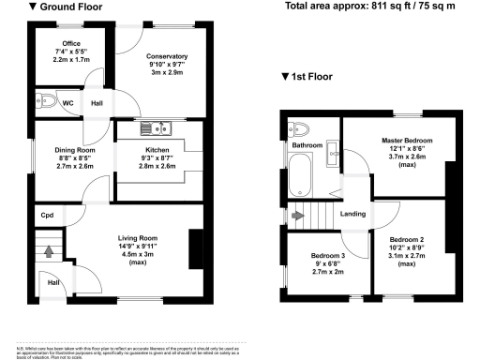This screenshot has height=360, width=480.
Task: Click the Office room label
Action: [x=70, y=44]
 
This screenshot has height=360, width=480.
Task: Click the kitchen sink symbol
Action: [x=152, y=128]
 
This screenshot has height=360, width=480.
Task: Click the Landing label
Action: [x=352, y=216]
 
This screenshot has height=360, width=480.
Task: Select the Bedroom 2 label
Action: [x=406, y=240]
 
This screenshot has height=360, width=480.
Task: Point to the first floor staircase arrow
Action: [x=298, y=216]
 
